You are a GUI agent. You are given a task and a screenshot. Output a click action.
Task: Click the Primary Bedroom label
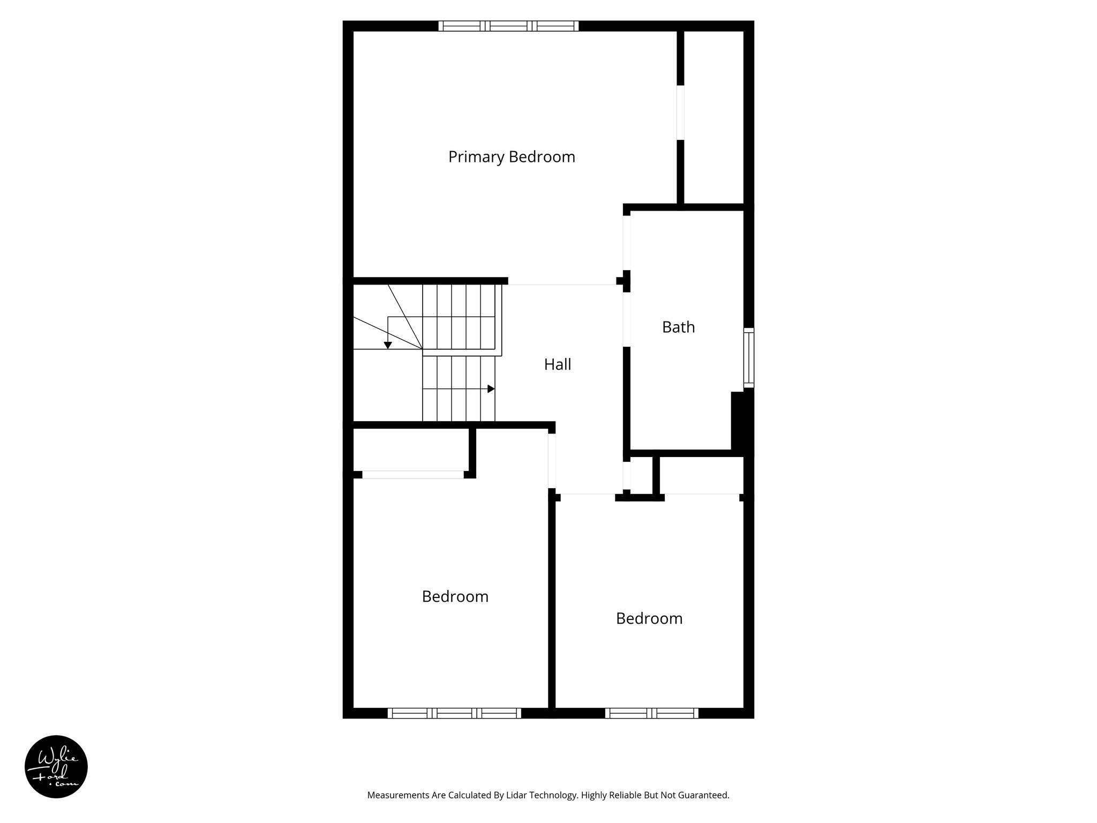point(512,157)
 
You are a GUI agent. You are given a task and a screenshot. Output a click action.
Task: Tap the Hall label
point(558,364)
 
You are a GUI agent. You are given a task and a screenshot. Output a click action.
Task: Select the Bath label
point(678,327)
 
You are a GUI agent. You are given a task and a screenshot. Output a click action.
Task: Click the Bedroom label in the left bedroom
point(455,596)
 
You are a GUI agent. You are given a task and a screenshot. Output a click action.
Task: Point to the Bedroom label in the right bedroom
point(649,618)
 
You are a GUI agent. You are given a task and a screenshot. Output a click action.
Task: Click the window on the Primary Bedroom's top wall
point(508,26)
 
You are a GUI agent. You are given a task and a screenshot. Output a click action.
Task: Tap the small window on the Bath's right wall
point(749,357)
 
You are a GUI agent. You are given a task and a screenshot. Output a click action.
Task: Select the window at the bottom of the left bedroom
point(454,713)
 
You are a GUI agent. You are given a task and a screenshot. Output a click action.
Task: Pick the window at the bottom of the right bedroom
point(651,713)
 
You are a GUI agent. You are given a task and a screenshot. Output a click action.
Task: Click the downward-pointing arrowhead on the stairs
point(388,346)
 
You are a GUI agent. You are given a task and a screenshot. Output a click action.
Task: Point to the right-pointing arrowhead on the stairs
point(491,388)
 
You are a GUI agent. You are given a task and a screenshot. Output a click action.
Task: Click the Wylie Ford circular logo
point(56,767)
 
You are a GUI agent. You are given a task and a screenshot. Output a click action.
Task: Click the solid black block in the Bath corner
point(741,421)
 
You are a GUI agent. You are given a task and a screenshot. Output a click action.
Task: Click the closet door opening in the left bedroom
point(412,475)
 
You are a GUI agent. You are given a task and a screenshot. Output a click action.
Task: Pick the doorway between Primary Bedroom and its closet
point(680,113)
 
